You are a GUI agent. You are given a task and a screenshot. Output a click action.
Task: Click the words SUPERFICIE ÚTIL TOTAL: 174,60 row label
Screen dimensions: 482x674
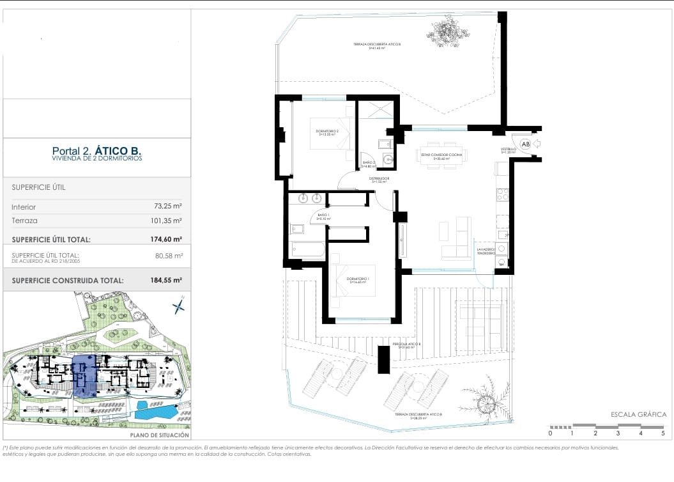click(51, 240)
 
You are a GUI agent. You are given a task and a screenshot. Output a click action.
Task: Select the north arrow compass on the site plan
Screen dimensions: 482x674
click(179, 307)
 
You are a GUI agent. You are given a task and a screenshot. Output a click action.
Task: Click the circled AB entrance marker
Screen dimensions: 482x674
click(526, 144)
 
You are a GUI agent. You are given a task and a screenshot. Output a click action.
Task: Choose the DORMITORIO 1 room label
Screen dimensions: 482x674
click(358, 280)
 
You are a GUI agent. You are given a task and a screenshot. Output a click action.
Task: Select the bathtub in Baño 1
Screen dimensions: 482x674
click(306, 250)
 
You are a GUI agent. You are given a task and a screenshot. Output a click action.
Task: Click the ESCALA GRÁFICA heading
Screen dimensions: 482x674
click(638, 414)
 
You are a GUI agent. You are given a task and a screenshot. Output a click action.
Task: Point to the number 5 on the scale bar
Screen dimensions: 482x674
click(663, 433)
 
